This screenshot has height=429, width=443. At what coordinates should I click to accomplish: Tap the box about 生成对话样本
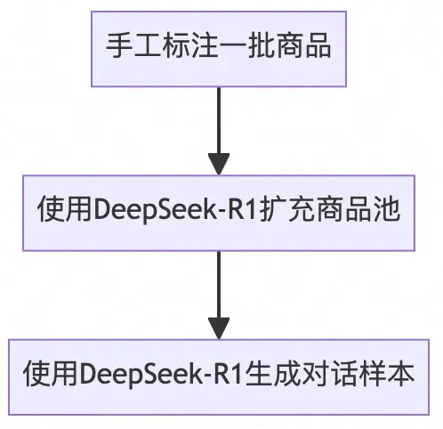219,372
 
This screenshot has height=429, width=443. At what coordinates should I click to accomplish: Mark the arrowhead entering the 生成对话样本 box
219,327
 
